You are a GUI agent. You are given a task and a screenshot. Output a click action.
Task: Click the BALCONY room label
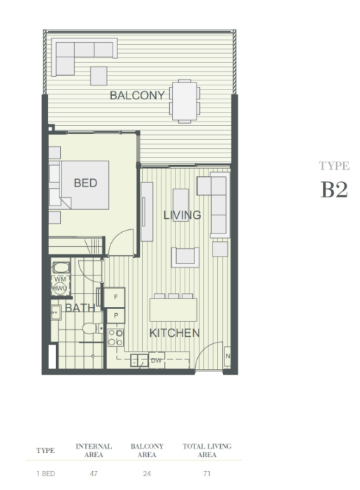pyautogui.click(x=137, y=95)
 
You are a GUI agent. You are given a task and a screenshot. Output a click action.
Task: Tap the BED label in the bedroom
pyautogui.click(x=85, y=183)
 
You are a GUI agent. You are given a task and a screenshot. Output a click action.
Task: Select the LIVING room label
pyautogui.click(x=182, y=215)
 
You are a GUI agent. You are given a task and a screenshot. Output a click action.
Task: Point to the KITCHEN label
pyautogui.click(x=174, y=333)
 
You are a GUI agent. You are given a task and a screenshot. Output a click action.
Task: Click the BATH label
pyautogui.click(x=80, y=308)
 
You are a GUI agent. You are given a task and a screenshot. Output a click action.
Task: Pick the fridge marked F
pyautogui.click(x=115, y=297)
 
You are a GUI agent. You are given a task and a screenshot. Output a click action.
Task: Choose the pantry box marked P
pyautogui.click(x=115, y=316)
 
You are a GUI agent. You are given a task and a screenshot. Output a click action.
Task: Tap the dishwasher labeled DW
pyautogui.click(x=157, y=360)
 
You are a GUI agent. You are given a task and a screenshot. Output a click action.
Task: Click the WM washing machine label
pyautogui.click(x=60, y=279)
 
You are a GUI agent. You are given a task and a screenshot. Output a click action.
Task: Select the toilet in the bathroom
pyautogui.click(x=92, y=329)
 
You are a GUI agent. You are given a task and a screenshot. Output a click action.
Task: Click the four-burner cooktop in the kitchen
pyautogui.click(x=115, y=338)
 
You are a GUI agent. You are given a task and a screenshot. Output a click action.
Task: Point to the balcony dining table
pyautogui.click(x=185, y=101)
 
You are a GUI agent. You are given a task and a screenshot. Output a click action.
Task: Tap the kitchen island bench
pyautogui.click(x=173, y=310)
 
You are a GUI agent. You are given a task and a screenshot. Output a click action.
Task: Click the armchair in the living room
pyautogui.click(x=185, y=257)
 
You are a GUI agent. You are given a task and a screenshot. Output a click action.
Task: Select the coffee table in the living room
pyautogui.click(x=180, y=205)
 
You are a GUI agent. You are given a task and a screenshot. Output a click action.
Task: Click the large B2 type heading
pyautogui.click(x=334, y=189)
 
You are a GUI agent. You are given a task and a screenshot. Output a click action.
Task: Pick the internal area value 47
pyautogui.click(x=94, y=473)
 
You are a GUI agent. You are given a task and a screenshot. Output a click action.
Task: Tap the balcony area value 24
pyautogui.click(x=147, y=473)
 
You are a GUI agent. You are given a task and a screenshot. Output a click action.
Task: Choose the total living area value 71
pyautogui.click(x=207, y=473)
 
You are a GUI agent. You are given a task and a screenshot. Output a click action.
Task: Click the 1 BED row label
pyautogui.click(x=45, y=473)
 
